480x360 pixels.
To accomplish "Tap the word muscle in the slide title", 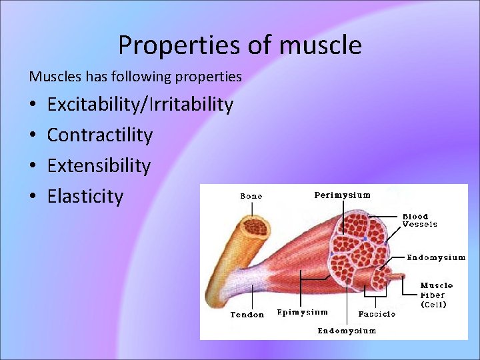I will tap(321, 45).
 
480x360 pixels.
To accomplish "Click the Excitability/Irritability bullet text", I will tap(140, 105).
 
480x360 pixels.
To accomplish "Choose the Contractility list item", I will tap(100, 135).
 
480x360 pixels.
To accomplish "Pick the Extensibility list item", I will tap(99, 165).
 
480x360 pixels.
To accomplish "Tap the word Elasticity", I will tap(85, 197).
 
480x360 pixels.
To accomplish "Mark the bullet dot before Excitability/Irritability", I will tap(33, 105).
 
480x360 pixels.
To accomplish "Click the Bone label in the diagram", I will tap(251, 196).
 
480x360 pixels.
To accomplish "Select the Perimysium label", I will tap(342, 195).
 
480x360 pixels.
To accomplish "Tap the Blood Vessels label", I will tap(419, 221).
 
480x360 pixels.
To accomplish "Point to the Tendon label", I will tap(247, 315).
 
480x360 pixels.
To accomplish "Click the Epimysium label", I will tap(302, 312).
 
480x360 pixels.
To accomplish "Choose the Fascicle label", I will tap(377, 313).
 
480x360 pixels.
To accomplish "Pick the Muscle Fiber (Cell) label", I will tap(436, 295).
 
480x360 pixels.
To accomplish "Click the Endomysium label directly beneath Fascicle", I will tap(347, 331).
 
